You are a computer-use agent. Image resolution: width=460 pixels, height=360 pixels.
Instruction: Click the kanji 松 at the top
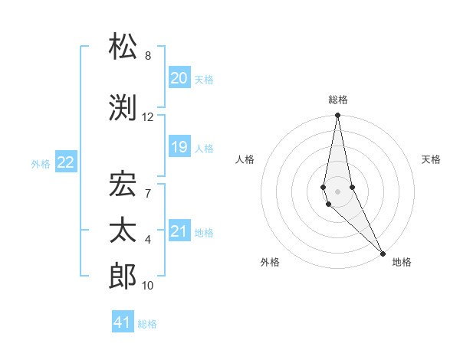pos(123,47)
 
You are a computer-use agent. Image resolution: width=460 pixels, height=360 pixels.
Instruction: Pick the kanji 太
pos(123,231)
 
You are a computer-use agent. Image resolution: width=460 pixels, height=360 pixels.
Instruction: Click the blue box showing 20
pos(179,78)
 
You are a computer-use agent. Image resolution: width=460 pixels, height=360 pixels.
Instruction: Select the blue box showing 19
pos(179,147)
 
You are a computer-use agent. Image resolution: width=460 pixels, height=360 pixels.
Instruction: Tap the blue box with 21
pos(179,231)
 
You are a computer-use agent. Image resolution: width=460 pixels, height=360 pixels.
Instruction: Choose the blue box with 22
pos(66,162)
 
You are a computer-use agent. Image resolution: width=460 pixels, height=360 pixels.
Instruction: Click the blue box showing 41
pos(123,322)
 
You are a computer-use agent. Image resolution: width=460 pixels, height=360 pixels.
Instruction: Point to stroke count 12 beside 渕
pos(147,117)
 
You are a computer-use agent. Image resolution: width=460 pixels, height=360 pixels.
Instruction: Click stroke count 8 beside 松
pos(147,56)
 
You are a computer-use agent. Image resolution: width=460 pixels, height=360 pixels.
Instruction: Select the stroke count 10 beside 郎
pos(147,286)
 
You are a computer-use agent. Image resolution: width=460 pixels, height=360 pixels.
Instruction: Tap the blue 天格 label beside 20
pos(203,80)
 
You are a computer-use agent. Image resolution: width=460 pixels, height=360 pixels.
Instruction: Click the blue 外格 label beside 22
pos(41,163)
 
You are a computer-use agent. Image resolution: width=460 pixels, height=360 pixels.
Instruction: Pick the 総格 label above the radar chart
pos(337,100)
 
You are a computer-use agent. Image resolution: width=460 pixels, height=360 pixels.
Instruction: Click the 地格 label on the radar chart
pos(402,262)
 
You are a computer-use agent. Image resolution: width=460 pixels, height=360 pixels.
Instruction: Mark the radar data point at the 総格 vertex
pos(337,116)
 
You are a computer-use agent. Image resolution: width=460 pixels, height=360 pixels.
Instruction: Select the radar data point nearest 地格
pos(383,252)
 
